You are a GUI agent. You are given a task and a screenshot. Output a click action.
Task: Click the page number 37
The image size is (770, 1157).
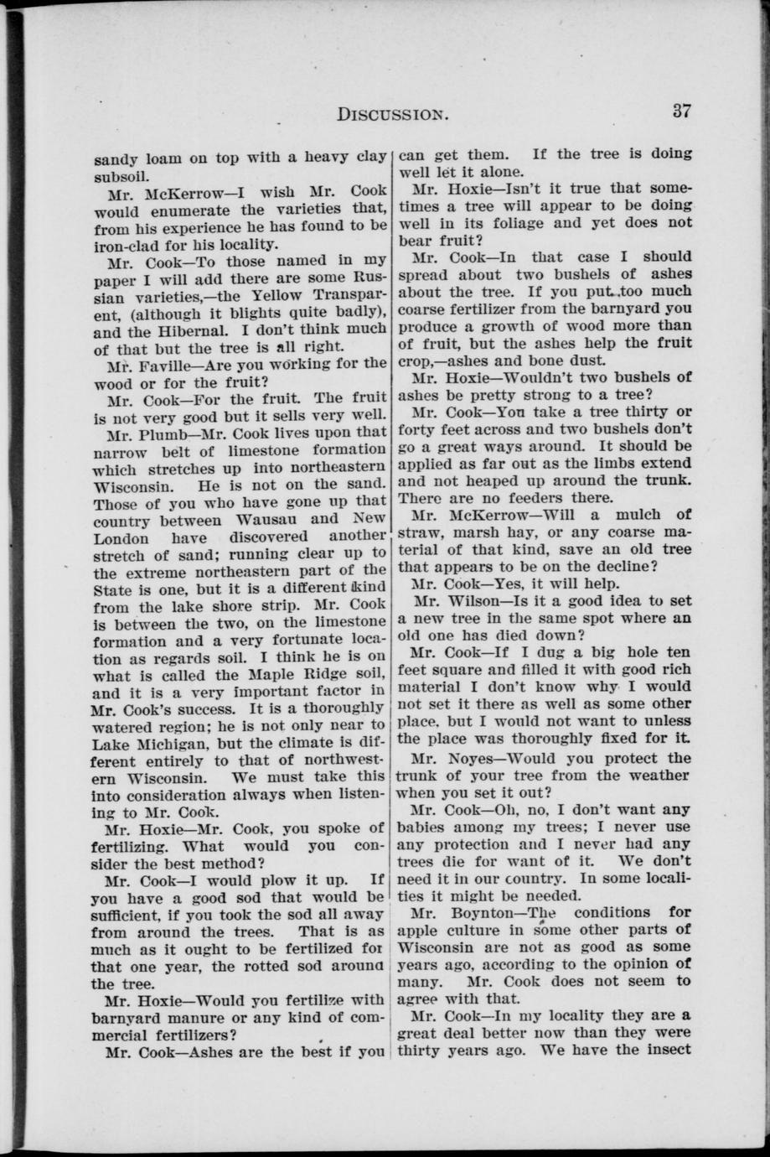(680, 111)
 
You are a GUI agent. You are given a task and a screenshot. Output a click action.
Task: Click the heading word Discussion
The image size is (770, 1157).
(390, 113)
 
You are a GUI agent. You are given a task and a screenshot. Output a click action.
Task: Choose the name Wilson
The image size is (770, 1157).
(468, 600)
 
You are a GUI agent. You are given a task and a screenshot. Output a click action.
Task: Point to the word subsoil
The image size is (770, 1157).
(121, 175)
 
